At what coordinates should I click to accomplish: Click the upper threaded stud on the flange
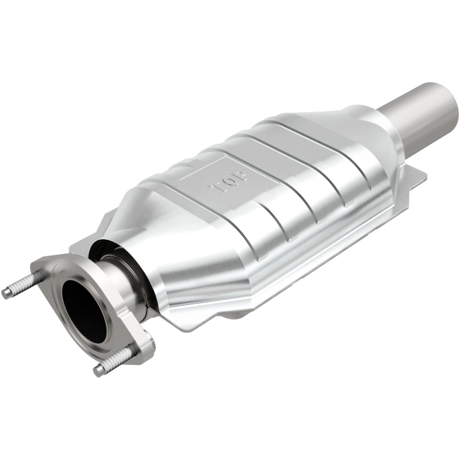[x=23, y=285]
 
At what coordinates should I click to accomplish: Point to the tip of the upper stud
[x=6, y=293]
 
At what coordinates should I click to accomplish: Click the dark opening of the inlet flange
[x=83, y=310]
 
